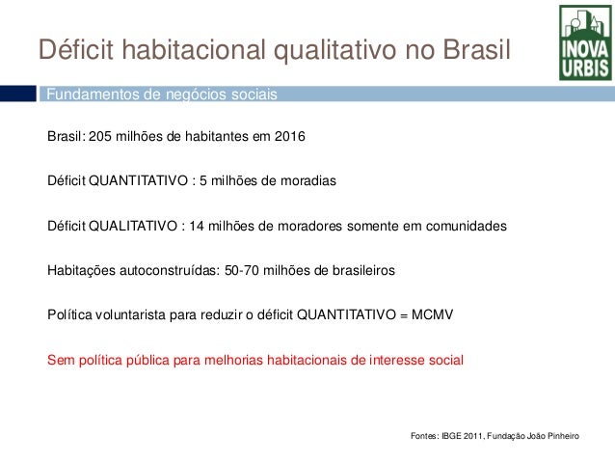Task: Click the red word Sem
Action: [x=60, y=361]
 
